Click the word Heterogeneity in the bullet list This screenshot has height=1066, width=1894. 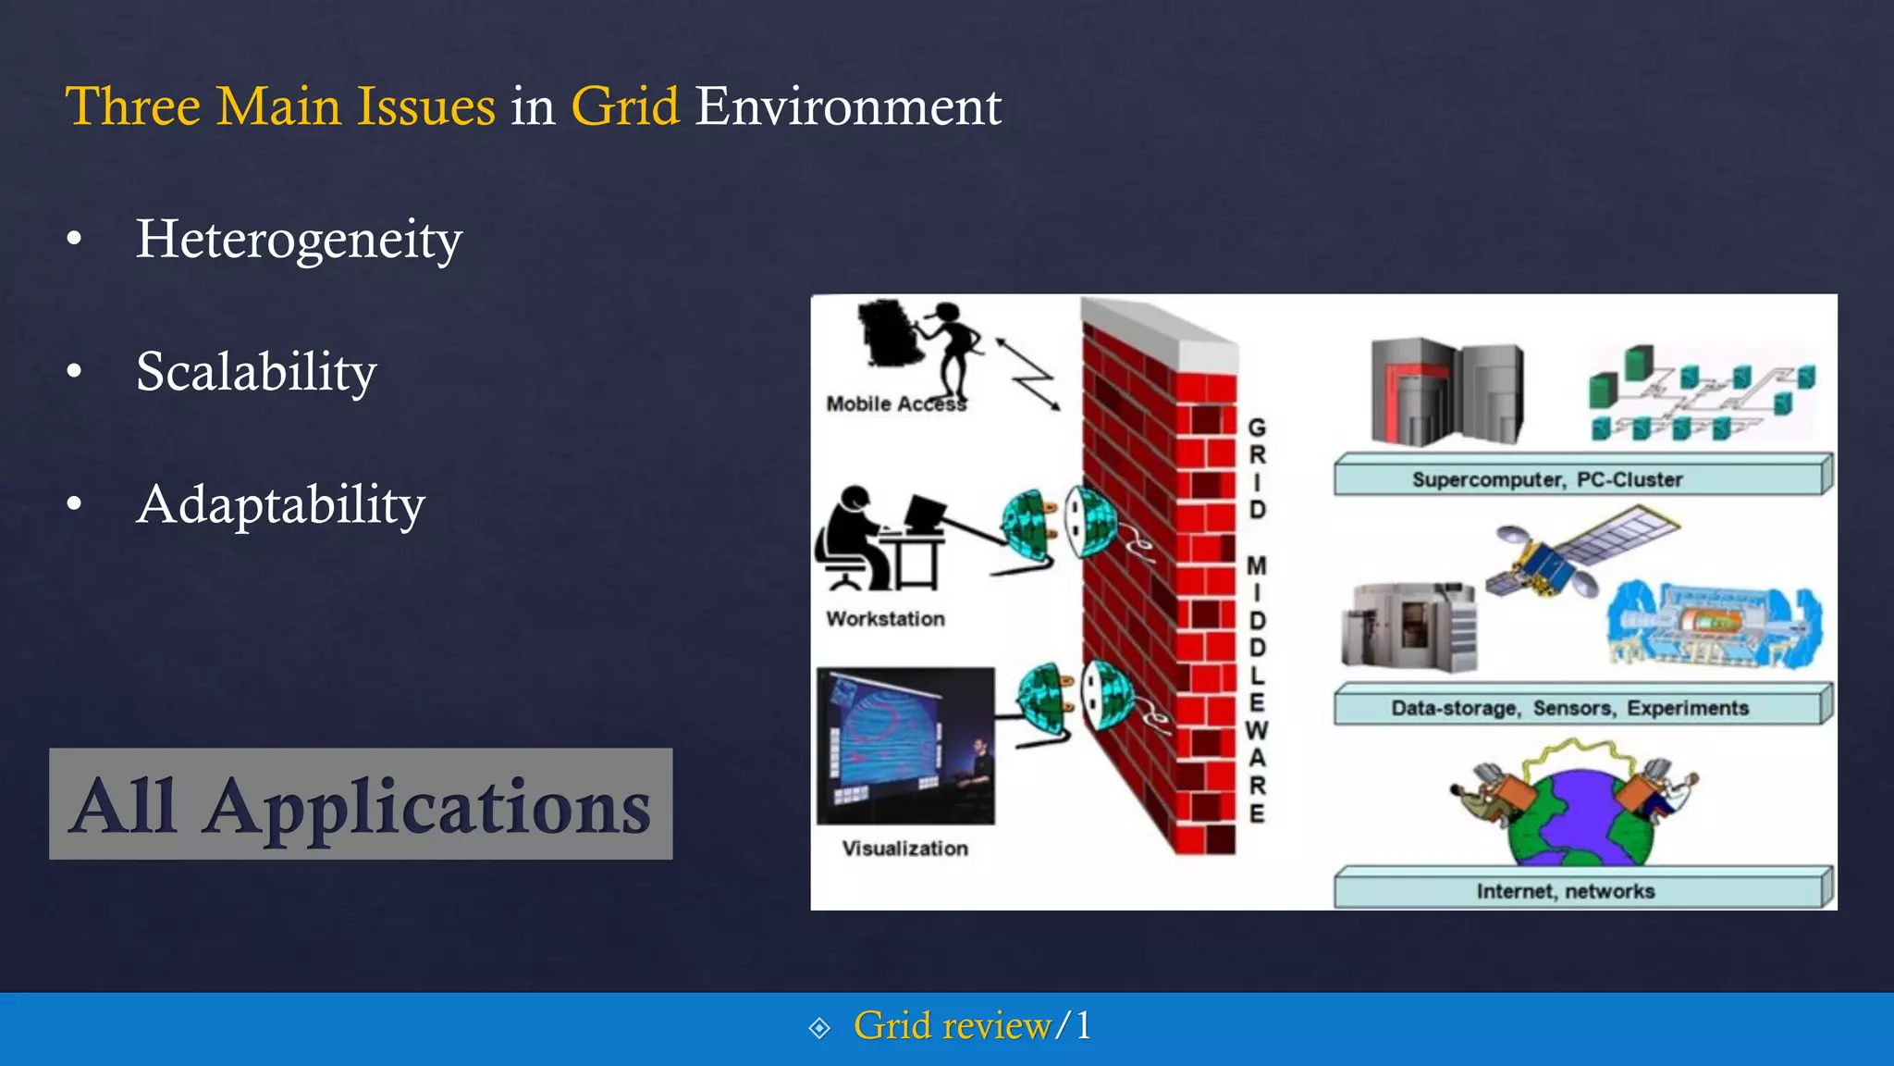tap(298, 240)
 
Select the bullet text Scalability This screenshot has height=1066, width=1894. tap(256, 372)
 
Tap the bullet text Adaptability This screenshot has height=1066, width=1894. tap(280, 505)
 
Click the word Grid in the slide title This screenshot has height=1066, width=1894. tap(625, 106)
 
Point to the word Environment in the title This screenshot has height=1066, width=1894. tap(848, 106)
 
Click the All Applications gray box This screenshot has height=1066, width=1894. tap(361, 804)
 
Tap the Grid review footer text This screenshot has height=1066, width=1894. tap(953, 1026)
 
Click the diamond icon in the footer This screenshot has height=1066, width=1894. tap(819, 1028)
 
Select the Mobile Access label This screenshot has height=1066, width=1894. tap(895, 404)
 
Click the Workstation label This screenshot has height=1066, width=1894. tap(885, 619)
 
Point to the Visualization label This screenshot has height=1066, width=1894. tap(904, 849)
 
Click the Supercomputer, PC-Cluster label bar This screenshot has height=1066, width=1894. tap(1581, 477)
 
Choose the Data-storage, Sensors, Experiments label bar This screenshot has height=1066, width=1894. tap(1581, 707)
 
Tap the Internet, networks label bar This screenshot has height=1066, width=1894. tap(1581, 890)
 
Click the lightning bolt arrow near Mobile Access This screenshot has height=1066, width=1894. tap(1028, 373)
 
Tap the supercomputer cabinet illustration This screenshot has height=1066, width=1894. tap(1445, 392)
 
